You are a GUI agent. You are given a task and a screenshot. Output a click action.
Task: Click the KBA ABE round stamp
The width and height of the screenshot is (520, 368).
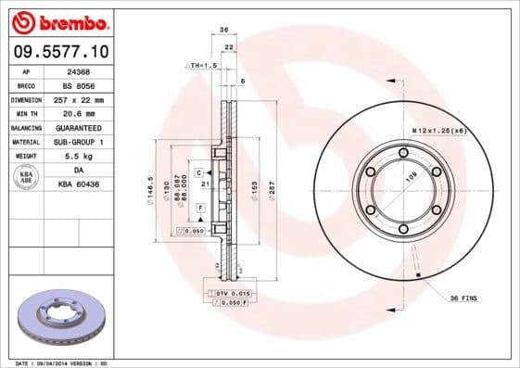pyautogui.click(x=25, y=177)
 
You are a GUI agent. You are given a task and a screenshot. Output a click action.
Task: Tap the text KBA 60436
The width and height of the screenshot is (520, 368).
pyautogui.click(x=78, y=184)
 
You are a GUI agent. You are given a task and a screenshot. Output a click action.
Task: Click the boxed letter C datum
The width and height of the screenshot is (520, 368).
pyautogui.click(x=198, y=173)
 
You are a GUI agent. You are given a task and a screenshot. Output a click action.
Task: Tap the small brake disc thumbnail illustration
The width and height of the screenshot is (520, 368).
pyautogui.click(x=62, y=317)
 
